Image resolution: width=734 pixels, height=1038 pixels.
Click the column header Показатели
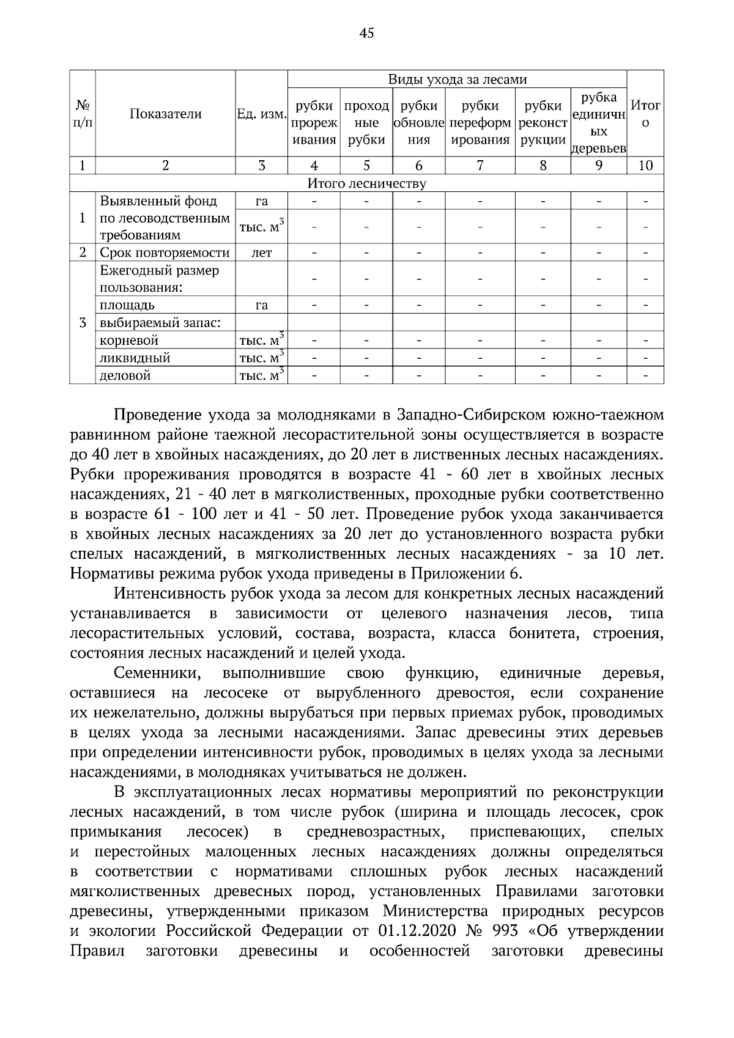(165, 114)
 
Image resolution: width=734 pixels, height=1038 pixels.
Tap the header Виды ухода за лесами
(457, 79)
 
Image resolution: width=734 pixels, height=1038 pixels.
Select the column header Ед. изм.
(261, 114)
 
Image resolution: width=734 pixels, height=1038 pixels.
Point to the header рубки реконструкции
(543, 122)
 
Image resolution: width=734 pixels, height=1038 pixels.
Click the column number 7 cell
(480, 165)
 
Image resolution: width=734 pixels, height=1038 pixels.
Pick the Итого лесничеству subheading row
(366, 183)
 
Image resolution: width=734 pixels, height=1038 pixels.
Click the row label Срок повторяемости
(165, 252)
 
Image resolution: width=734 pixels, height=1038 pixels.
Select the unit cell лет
(261, 252)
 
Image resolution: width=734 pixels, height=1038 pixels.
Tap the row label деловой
(125, 375)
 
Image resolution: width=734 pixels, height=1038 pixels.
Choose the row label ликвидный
(135, 358)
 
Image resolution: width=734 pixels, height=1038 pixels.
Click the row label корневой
(129, 340)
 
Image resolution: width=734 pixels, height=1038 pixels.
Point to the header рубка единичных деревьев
(598, 122)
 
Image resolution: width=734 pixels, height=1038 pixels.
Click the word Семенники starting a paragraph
(158, 674)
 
